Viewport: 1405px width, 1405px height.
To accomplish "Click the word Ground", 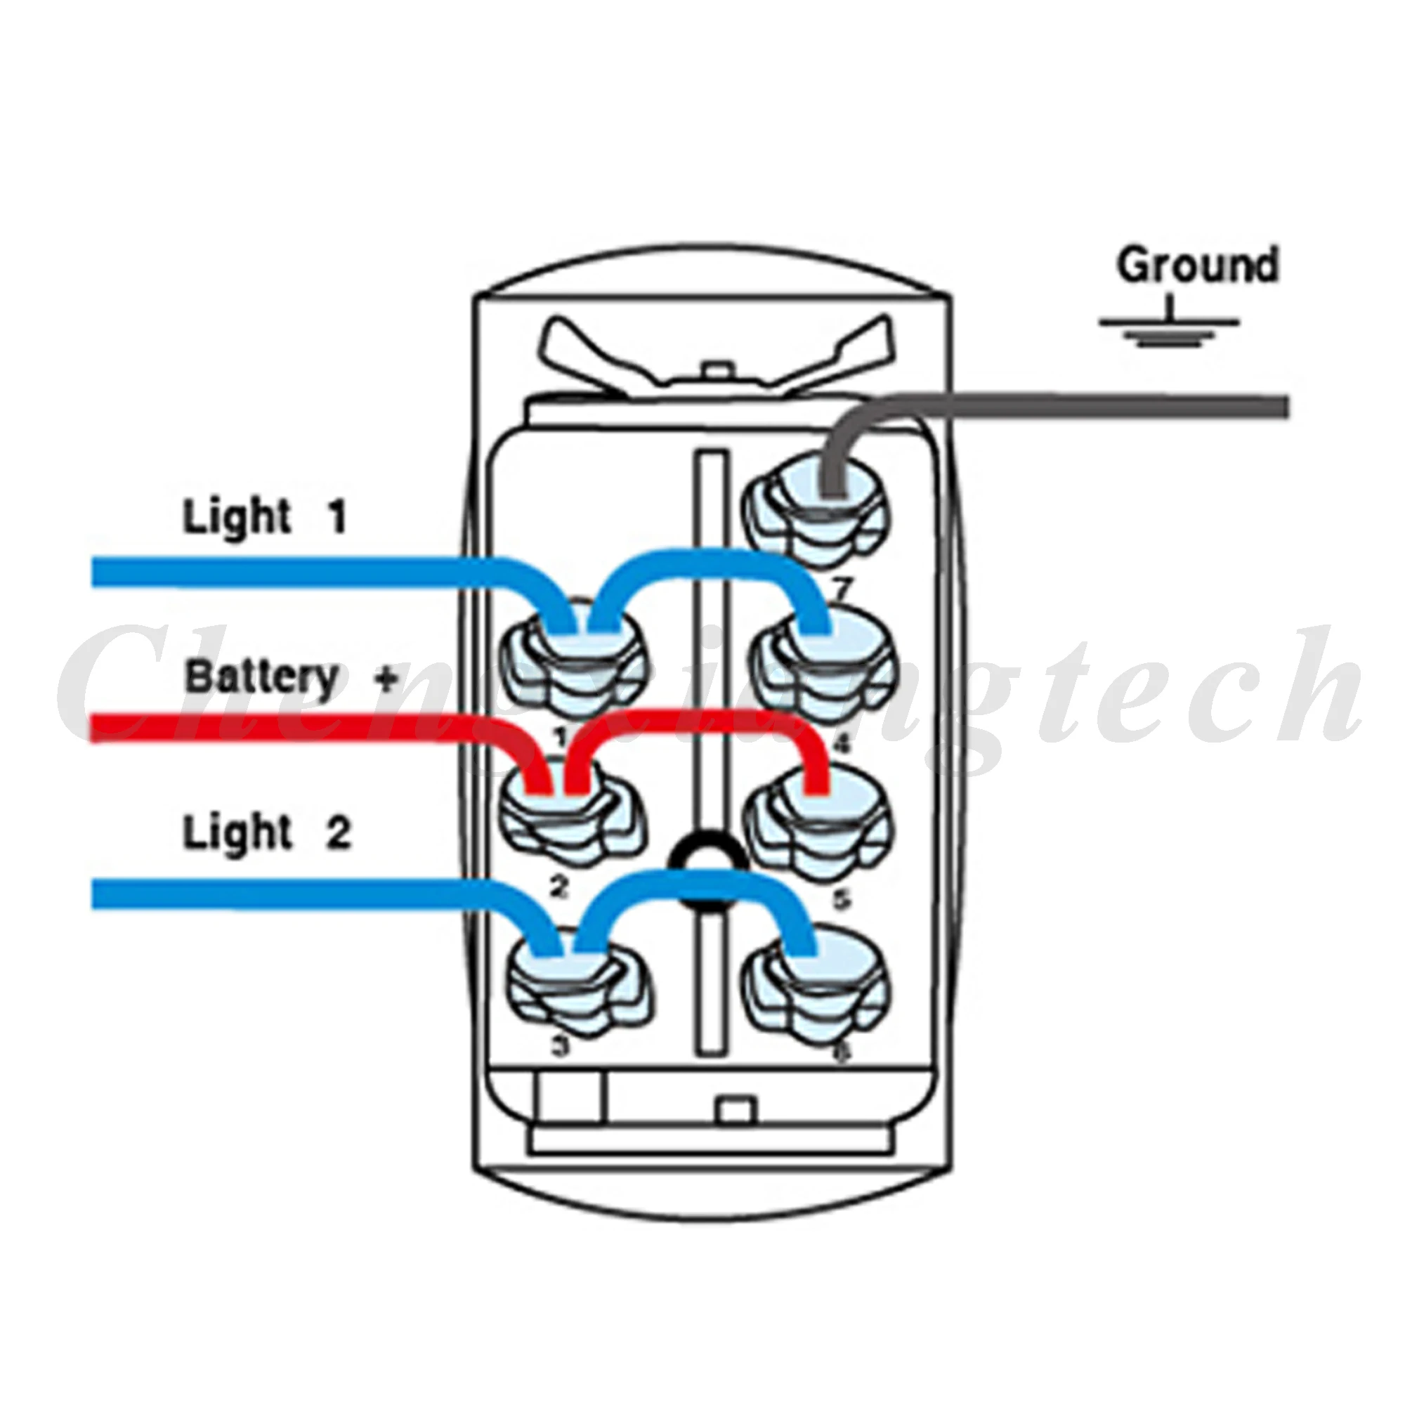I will (1197, 266).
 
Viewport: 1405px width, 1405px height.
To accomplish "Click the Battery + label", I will (291, 678).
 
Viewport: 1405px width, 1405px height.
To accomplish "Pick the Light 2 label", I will (266, 832).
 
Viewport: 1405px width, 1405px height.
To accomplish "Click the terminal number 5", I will (841, 900).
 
